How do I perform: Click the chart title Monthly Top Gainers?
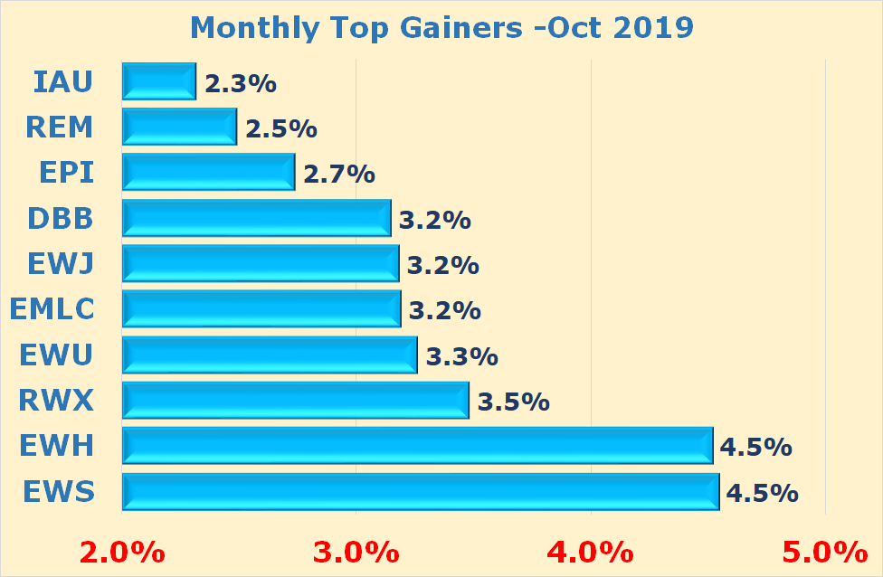point(441,27)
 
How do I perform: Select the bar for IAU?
point(159,81)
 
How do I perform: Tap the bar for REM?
point(179,127)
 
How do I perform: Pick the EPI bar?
point(208,172)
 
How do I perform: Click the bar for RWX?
point(295,400)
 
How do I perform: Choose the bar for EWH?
point(417,446)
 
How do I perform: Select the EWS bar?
point(420,491)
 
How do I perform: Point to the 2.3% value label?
point(240,83)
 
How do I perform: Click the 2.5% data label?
point(280,128)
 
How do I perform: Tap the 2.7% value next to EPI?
point(339,174)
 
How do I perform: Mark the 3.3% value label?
point(461,356)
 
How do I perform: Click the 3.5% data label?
point(513,402)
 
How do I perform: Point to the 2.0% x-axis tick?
point(122,550)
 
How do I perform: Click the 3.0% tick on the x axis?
point(356,550)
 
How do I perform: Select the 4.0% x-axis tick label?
point(591,550)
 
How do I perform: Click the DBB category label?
point(61,218)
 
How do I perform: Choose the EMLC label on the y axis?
point(52,309)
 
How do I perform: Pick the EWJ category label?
point(61,263)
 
